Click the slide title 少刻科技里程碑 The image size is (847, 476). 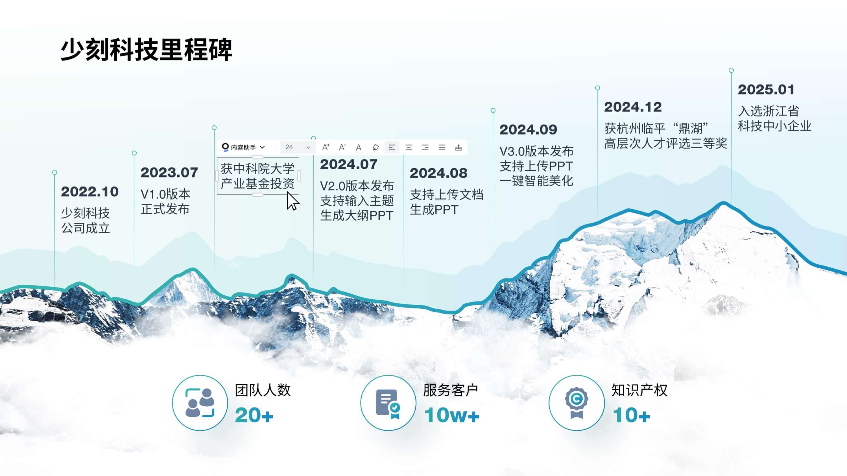click(x=146, y=50)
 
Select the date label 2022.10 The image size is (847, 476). click(x=90, y=192)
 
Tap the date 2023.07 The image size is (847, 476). click(x=169, y=173)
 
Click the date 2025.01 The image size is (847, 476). click(x=766, y=90)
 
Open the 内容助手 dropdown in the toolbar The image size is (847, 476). click(x=244, y=147)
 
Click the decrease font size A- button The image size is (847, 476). click(x=342, y=147)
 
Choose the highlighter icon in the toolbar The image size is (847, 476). click(x=376, y=148)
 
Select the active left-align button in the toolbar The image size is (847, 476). click(x=392, y=148)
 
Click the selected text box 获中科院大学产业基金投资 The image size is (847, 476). click(x=258, y=176)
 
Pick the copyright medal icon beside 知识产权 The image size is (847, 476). click(x=577, y=403)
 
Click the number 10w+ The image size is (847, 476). click(x=452, y=415)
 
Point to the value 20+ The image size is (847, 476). click(x=254, y=415)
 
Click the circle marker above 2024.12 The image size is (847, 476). click(x=597, y=88)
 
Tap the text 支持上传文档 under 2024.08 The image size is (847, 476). click(x=447, y=195)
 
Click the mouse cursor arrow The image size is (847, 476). click(x=292, y=201)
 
